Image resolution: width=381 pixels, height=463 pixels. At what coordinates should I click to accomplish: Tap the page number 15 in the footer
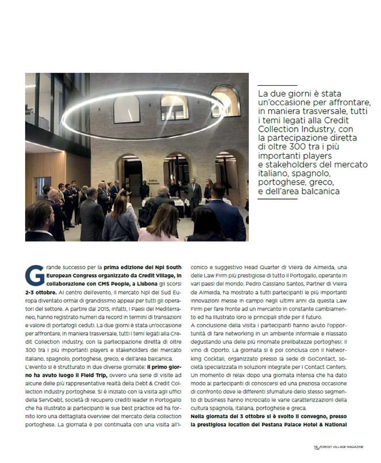315,446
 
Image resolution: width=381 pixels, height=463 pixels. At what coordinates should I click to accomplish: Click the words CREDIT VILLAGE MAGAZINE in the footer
342,447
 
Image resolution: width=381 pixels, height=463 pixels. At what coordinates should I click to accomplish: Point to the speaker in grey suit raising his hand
194,193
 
